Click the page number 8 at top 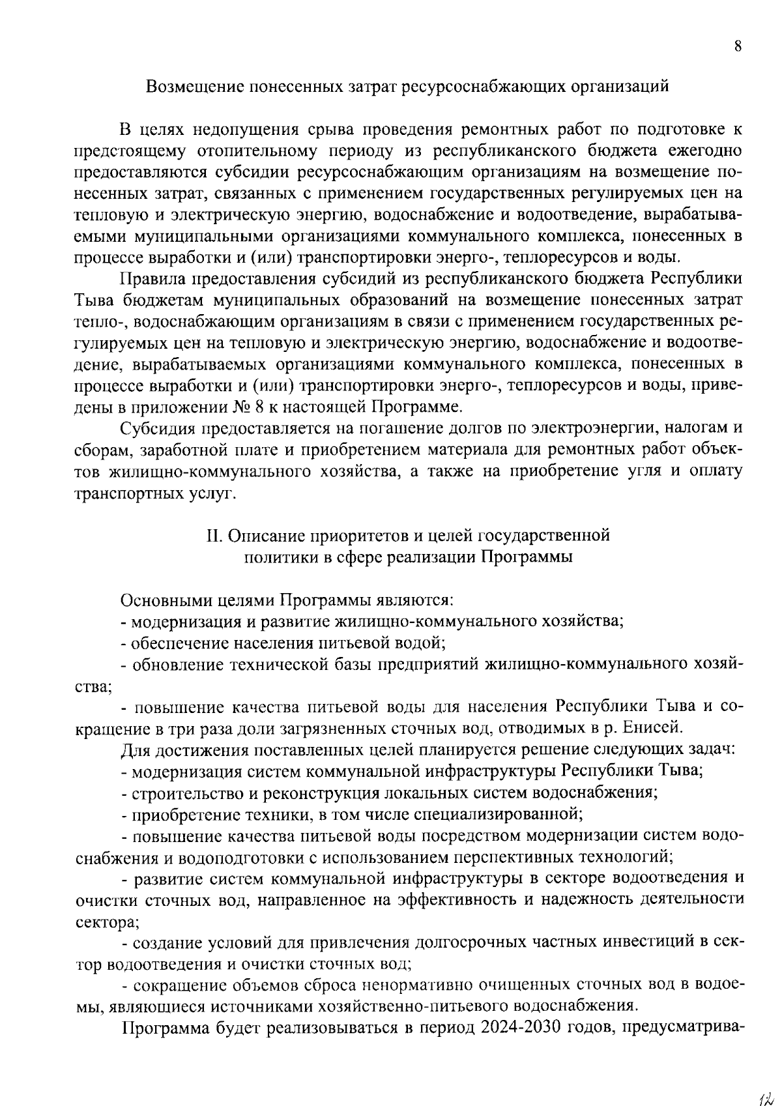[738, 46]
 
